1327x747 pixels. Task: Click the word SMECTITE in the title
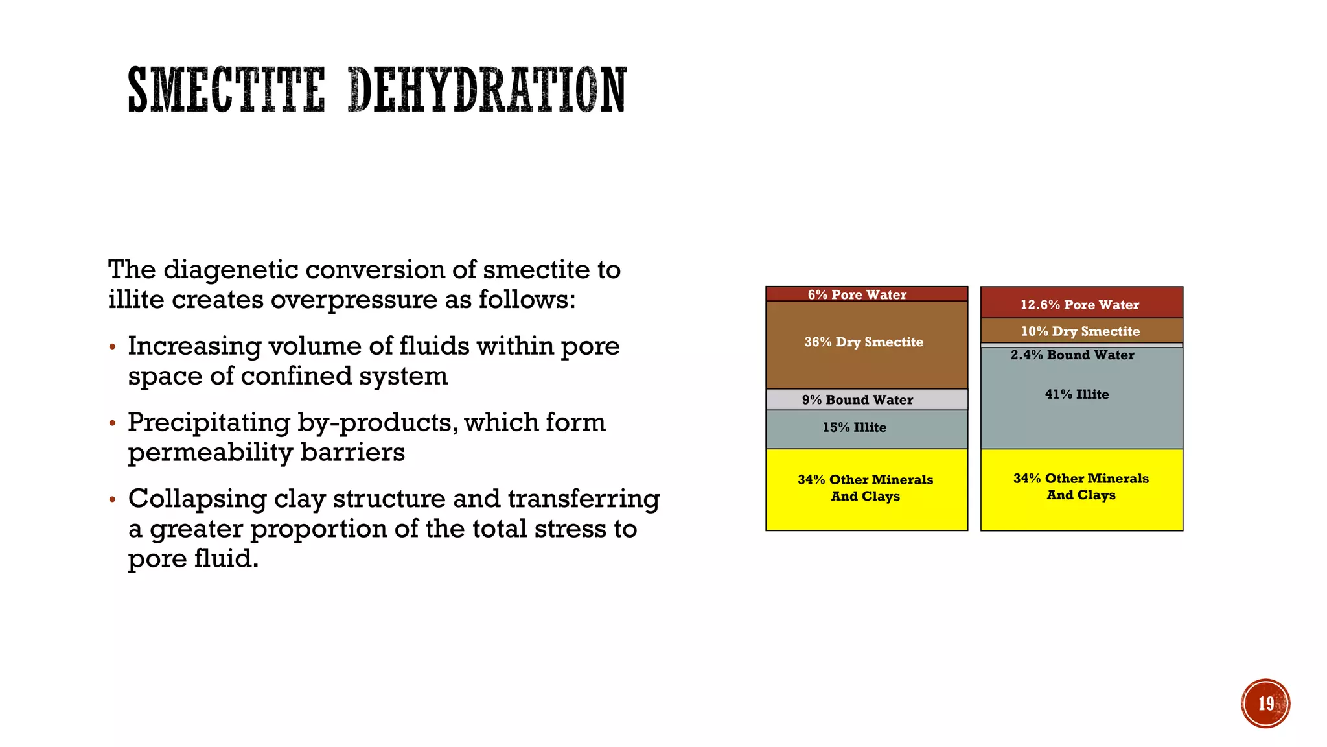pyautogui.click(x=226, y=90)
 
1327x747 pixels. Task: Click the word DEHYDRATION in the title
pyautogui.click(x=487, y=90)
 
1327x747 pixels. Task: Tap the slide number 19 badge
pyautogui.click(x=1265, y=704)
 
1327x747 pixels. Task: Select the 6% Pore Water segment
pyautogui.click(x=866, y=294)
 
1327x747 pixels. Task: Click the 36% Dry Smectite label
pyautogui.click(x=864, y=342)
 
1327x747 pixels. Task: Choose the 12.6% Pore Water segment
pyautogui.click(x=1081, y=304)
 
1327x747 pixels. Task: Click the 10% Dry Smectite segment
pyautogui.click(x=1081, y=331)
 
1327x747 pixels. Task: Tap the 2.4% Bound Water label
pyautogui.click(x=1072, y=355)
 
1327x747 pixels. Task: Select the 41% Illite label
pyautogui.click(x=1077, y=394)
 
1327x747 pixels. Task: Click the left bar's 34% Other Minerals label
pyautogui.click(x=866, y=488)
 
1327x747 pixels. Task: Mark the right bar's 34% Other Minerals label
pyautogui.click(x=1081, y=486)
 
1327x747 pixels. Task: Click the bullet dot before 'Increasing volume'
pyautogui.click(x=113, y=348)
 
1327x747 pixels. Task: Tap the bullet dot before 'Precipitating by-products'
pyautogui.click(x=113, y=424)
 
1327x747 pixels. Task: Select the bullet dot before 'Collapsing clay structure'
pyautogui.click(x=113, y=500)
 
